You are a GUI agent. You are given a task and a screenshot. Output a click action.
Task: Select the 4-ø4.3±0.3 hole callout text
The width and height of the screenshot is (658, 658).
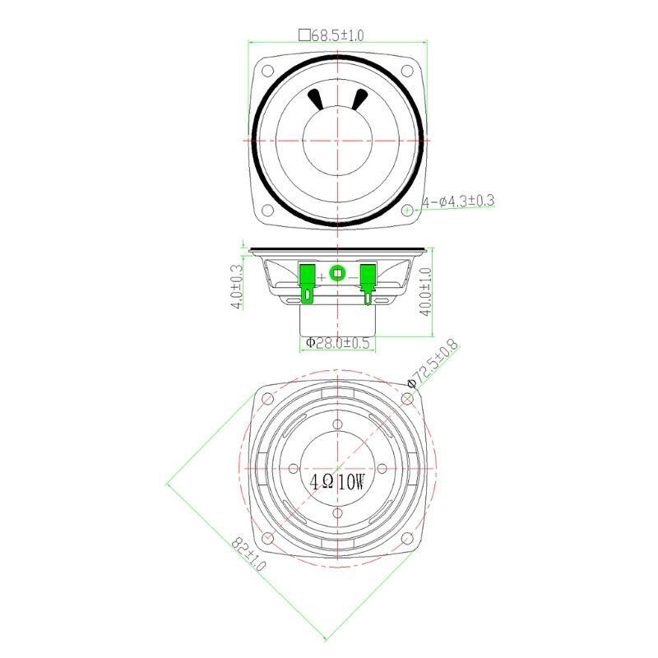tap(458, 202)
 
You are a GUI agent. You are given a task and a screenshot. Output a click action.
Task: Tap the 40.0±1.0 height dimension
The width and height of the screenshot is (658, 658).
tap(425, 292)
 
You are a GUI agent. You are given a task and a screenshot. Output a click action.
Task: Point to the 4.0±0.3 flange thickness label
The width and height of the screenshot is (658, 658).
tap(237, 286)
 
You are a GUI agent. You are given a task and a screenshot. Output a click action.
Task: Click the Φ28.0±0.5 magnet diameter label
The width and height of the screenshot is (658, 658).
tap(337, 343)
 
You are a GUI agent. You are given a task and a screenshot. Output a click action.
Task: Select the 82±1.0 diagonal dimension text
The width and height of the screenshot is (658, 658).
tap(249, 554)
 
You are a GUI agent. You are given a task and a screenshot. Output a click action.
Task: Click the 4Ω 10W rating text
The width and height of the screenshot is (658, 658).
tap(337, 482)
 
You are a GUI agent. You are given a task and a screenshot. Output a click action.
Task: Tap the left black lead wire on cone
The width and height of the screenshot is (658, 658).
tap(316, 100)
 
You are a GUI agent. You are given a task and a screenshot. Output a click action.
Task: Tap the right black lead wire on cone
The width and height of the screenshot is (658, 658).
tap(359, 100)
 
